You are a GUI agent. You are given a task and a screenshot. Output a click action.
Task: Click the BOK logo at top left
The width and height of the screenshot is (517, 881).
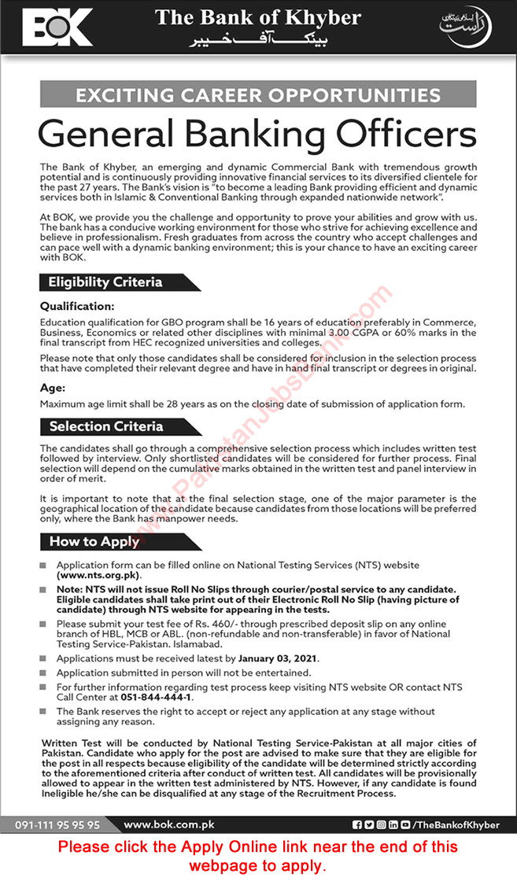coord(57,28)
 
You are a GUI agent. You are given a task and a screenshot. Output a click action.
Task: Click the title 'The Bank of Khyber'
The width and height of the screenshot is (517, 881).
coord(257,17)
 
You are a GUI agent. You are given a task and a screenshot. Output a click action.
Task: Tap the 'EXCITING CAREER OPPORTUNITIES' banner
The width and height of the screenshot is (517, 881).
coord(257,96)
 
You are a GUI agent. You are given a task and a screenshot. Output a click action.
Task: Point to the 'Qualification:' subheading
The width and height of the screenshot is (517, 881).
coord(77,306)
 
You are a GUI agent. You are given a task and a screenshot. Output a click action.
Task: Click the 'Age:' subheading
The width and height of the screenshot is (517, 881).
coord(53,387)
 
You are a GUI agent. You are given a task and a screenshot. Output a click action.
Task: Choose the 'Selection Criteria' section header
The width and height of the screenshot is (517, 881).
coord(105,426)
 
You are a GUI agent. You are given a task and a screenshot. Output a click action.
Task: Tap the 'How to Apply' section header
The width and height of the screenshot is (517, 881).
coord(94,541)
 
